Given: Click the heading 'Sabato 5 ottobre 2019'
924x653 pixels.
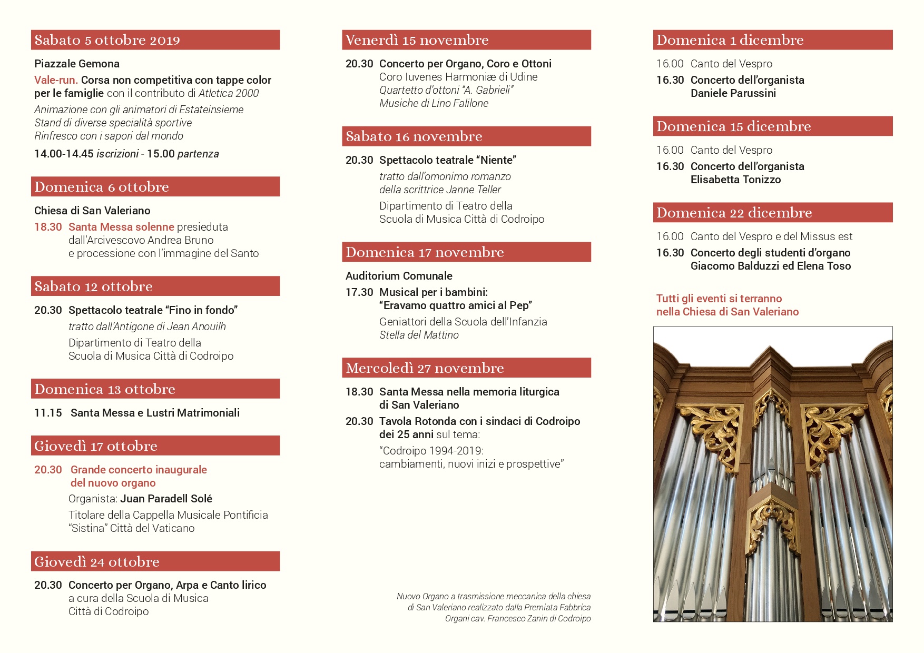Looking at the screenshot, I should pyautogui.click(x=107, y=40).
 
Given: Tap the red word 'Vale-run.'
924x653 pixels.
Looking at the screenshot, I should pyautogui.click(x=56, y=80).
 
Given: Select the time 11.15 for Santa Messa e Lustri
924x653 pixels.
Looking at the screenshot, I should pyautogui.click(x=48, y=413).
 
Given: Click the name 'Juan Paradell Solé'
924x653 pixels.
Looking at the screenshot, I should pyautogui.click(x=166, y=499).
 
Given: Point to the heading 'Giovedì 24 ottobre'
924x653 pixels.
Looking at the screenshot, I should pyautogui.click(x=97, y=562).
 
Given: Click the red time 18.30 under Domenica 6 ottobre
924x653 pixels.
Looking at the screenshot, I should pyautogui.click(x=48, y=227).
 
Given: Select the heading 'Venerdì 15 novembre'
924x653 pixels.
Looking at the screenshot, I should pyautogui.click(x=417, y=40).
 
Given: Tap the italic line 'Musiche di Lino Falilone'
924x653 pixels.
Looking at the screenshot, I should pyautogui.click(x=434, y=103).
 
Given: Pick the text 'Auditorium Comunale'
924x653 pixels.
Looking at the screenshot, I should pyautogui.click(x=399, y=276).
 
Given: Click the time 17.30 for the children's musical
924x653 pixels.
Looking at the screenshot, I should pyautogui.click(x=359, y=292).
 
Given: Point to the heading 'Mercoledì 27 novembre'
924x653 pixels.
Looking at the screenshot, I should pyautogui.click(x=425, y=368).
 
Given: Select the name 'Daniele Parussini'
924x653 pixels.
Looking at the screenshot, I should pyautogui.click(x=733, y=93).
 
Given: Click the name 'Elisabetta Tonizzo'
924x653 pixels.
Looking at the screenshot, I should pyautogui.click(x=735, y=180).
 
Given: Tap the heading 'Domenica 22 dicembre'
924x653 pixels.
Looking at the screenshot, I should pyautogui.click(x=734, y=213).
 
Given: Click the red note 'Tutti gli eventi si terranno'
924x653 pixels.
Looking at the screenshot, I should pyautogui.click(x=719, y=299).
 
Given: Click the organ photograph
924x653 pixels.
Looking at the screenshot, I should pyautogui.click(x=772, y=474).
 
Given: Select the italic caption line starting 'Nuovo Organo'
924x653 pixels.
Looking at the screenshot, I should pyautogui.click(x=493, y=597).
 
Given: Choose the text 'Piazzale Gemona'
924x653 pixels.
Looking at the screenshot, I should pyautogui.click(x=77, y=64).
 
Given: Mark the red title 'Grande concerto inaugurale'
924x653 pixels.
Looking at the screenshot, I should pyautogui.click(x=139, y=470).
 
